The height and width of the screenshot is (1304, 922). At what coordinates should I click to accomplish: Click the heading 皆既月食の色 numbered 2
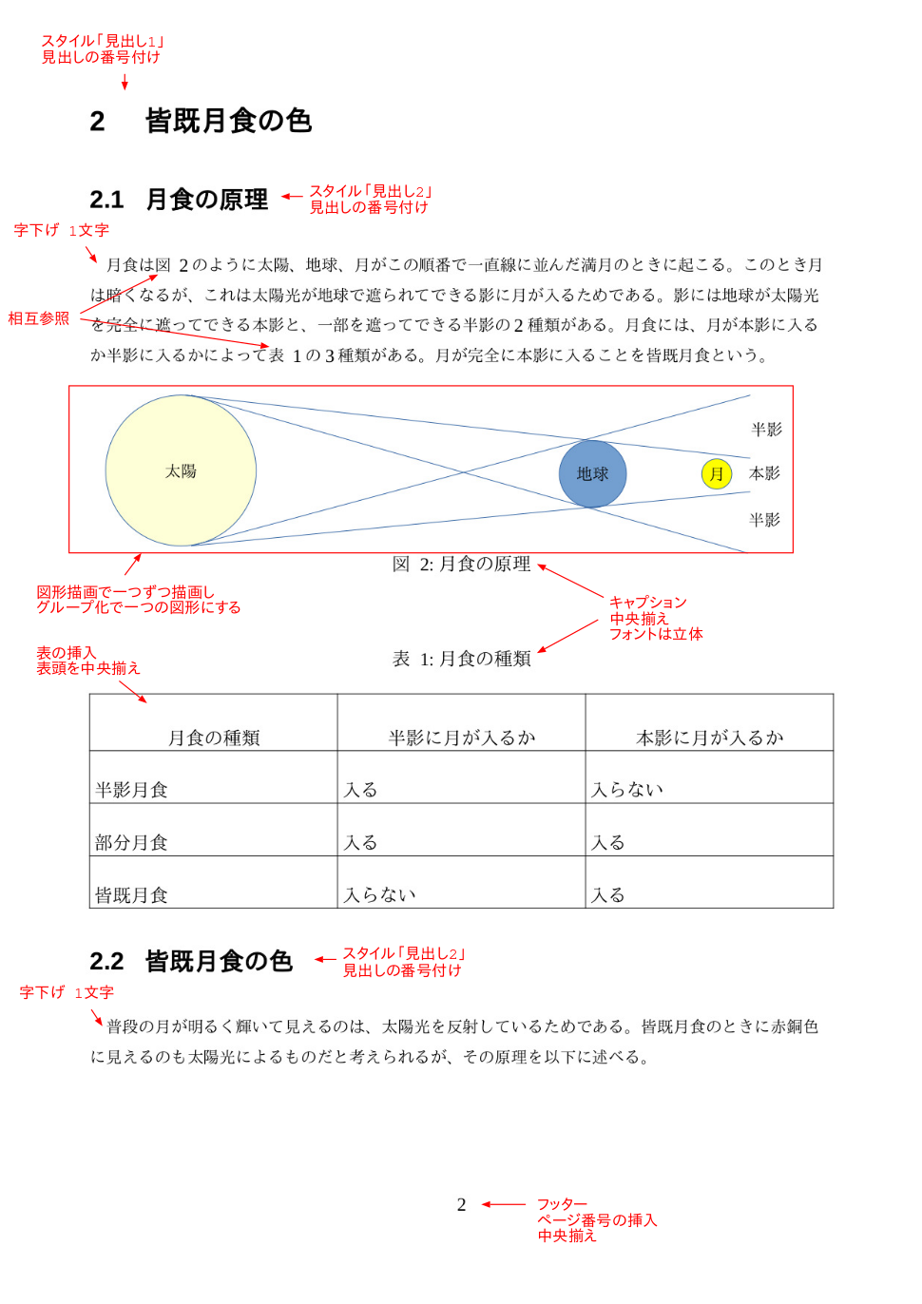coord(228,121)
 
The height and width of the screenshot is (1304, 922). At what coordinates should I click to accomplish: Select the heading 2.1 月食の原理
coord(206,200)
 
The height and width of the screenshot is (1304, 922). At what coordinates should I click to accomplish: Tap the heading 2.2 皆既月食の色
coord(218,961)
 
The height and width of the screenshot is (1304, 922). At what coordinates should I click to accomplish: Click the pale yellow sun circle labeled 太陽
coord(181,470)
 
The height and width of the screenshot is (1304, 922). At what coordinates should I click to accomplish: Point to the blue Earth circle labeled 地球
coord(592,473)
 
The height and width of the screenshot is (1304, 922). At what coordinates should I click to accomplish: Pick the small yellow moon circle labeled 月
coord(717,473)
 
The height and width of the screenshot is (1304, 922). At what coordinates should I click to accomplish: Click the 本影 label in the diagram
coord(764,473)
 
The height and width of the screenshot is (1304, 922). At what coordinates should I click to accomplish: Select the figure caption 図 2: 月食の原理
coord(461,564)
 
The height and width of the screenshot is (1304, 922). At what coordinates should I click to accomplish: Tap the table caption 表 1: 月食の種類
coord(461,659)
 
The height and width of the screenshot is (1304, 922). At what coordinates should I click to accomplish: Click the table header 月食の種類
coord(214,738)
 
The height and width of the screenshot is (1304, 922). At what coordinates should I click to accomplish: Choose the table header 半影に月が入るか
coord(462,738)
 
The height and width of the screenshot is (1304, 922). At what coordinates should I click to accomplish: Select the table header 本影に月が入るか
coord(709,738)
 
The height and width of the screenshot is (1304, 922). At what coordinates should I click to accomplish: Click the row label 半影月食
coord(131,790)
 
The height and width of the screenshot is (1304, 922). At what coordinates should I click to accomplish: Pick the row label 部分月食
coord(131,842)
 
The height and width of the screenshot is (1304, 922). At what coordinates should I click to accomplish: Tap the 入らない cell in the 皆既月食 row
coord(379,894)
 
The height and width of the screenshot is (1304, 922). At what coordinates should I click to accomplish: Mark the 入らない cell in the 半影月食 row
coord(627,790)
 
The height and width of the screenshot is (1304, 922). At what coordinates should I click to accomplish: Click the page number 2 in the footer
coord(461,1204)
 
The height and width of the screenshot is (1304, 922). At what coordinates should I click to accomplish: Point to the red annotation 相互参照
coord(39,318)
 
